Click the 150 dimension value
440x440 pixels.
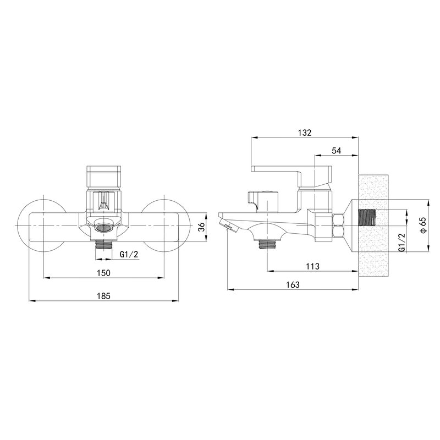(x=103, y=273)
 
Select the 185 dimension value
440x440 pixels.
(x=103, y=296)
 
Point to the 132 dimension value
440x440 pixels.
(x=305, y=133)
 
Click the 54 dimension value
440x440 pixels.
(x=336, y=151)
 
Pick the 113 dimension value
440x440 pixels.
(x=312, y=266)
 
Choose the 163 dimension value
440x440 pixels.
(x=293, y=284)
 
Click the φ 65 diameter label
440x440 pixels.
(x=423, y=225)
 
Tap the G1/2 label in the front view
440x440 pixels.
(x=129, y=254)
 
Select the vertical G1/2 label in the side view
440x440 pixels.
(x=402, y=243)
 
